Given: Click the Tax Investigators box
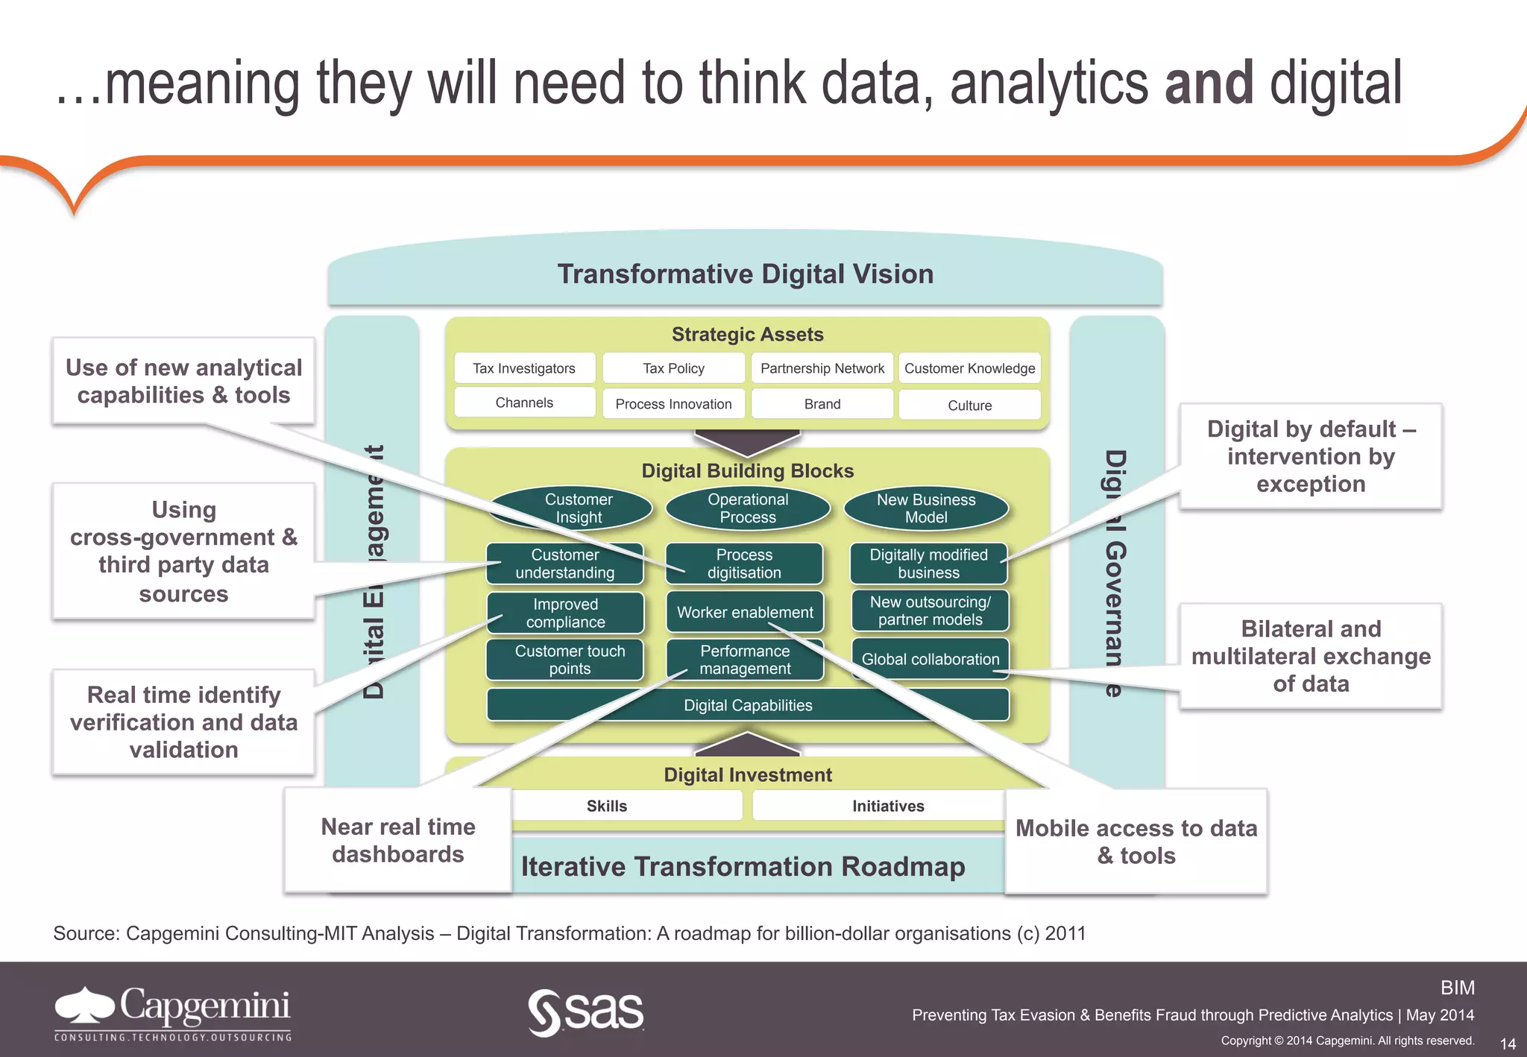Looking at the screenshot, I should tap(524, 368).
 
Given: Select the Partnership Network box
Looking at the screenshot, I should tap(822, 368).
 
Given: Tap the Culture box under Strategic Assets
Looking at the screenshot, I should tap(969, 406).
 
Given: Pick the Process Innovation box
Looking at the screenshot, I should tap(673, 404).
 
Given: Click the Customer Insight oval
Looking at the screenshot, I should tap(579, 508).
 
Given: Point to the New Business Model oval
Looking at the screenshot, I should tap(926, 508).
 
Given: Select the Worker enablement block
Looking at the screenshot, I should tap(744, 612).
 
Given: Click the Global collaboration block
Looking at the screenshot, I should tap(930, 659).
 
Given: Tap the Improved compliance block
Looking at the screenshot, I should tap(565, 613).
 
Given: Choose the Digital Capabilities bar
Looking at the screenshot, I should tap(748, 705).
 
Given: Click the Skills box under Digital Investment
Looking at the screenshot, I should tap(606, 806).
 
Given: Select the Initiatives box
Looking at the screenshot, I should tap(888, 806).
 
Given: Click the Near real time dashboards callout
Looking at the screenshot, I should tap(398, 840).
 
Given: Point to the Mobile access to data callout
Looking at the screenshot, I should tap(1136, 842).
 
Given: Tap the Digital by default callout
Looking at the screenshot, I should tap(1311, 456).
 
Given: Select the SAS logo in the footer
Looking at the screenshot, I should tap(586, 1012).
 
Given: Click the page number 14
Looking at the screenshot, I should tap(1508, 1044).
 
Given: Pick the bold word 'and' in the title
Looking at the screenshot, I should tap(1209, 83).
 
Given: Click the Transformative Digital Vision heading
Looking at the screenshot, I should tap(746, 274).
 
